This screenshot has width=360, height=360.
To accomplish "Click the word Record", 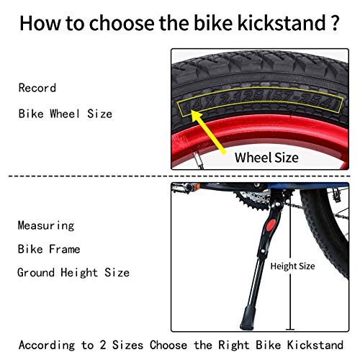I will (x=37, y=89).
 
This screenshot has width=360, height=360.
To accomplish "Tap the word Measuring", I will (x=46, y=225).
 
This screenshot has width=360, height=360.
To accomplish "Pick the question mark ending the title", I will (x=336, y=23).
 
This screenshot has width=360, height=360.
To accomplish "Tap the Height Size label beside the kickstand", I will (x=292, y=266).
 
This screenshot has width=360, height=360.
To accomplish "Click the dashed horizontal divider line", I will (x=180, y=176).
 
